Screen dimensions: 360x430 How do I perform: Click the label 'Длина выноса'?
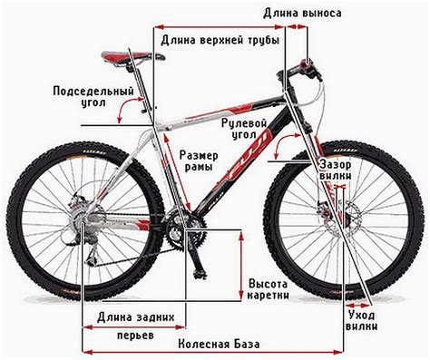[302, 14]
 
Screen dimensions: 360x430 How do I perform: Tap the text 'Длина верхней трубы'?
[219, 41]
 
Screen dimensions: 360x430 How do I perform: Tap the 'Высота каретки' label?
[269, 288]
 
